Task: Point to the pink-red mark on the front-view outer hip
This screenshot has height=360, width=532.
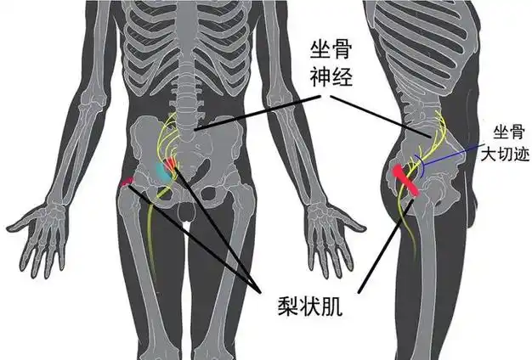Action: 128,181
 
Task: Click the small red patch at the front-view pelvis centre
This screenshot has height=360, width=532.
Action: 172,162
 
